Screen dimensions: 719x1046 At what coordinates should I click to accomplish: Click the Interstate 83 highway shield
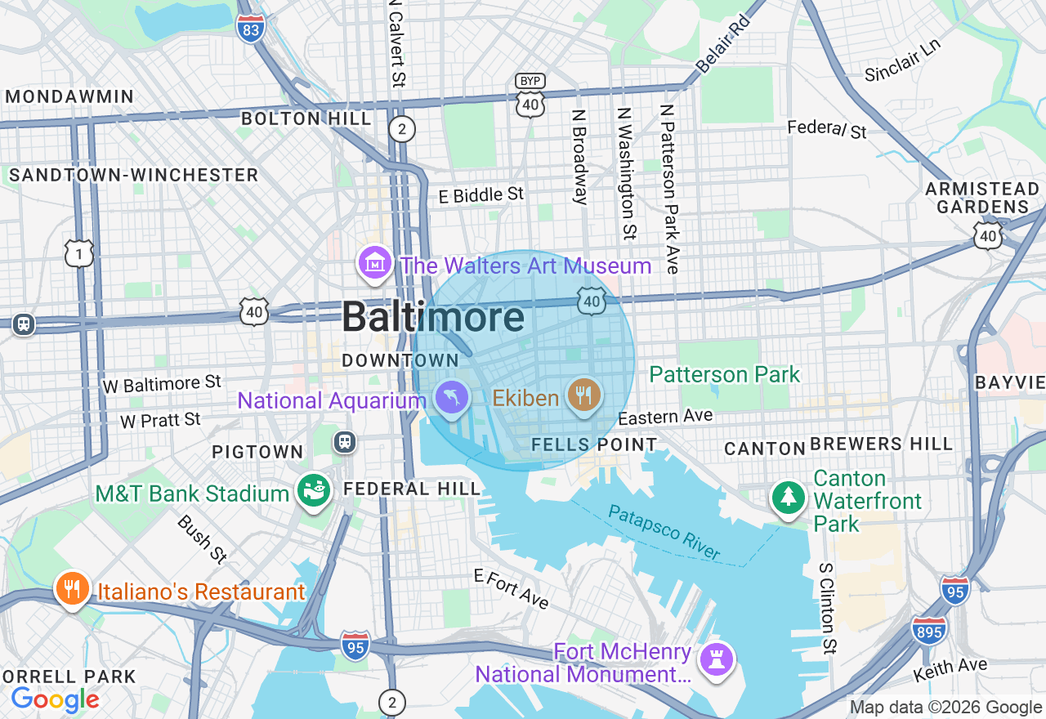(251, 29)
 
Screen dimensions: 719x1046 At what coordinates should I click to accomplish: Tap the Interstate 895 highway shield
(929, 629)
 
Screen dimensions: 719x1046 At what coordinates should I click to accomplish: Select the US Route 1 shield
(79, 254)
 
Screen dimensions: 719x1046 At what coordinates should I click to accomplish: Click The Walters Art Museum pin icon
(375, 263)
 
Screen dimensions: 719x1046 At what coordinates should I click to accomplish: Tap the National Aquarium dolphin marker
(452, 399)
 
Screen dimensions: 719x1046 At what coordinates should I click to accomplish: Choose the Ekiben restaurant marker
(583, 396)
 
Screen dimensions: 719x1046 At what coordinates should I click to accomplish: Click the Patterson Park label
(725, 375)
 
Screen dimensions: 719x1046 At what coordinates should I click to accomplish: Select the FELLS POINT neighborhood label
(594, 444)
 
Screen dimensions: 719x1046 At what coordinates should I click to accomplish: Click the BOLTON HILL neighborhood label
(306, 118)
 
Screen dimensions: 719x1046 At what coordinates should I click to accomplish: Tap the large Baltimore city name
(433, 317)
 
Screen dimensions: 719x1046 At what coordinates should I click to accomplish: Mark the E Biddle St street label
(481, 194)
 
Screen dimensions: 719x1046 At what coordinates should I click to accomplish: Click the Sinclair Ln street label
(903, 62)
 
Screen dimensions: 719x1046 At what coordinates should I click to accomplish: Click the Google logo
(55, 699)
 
